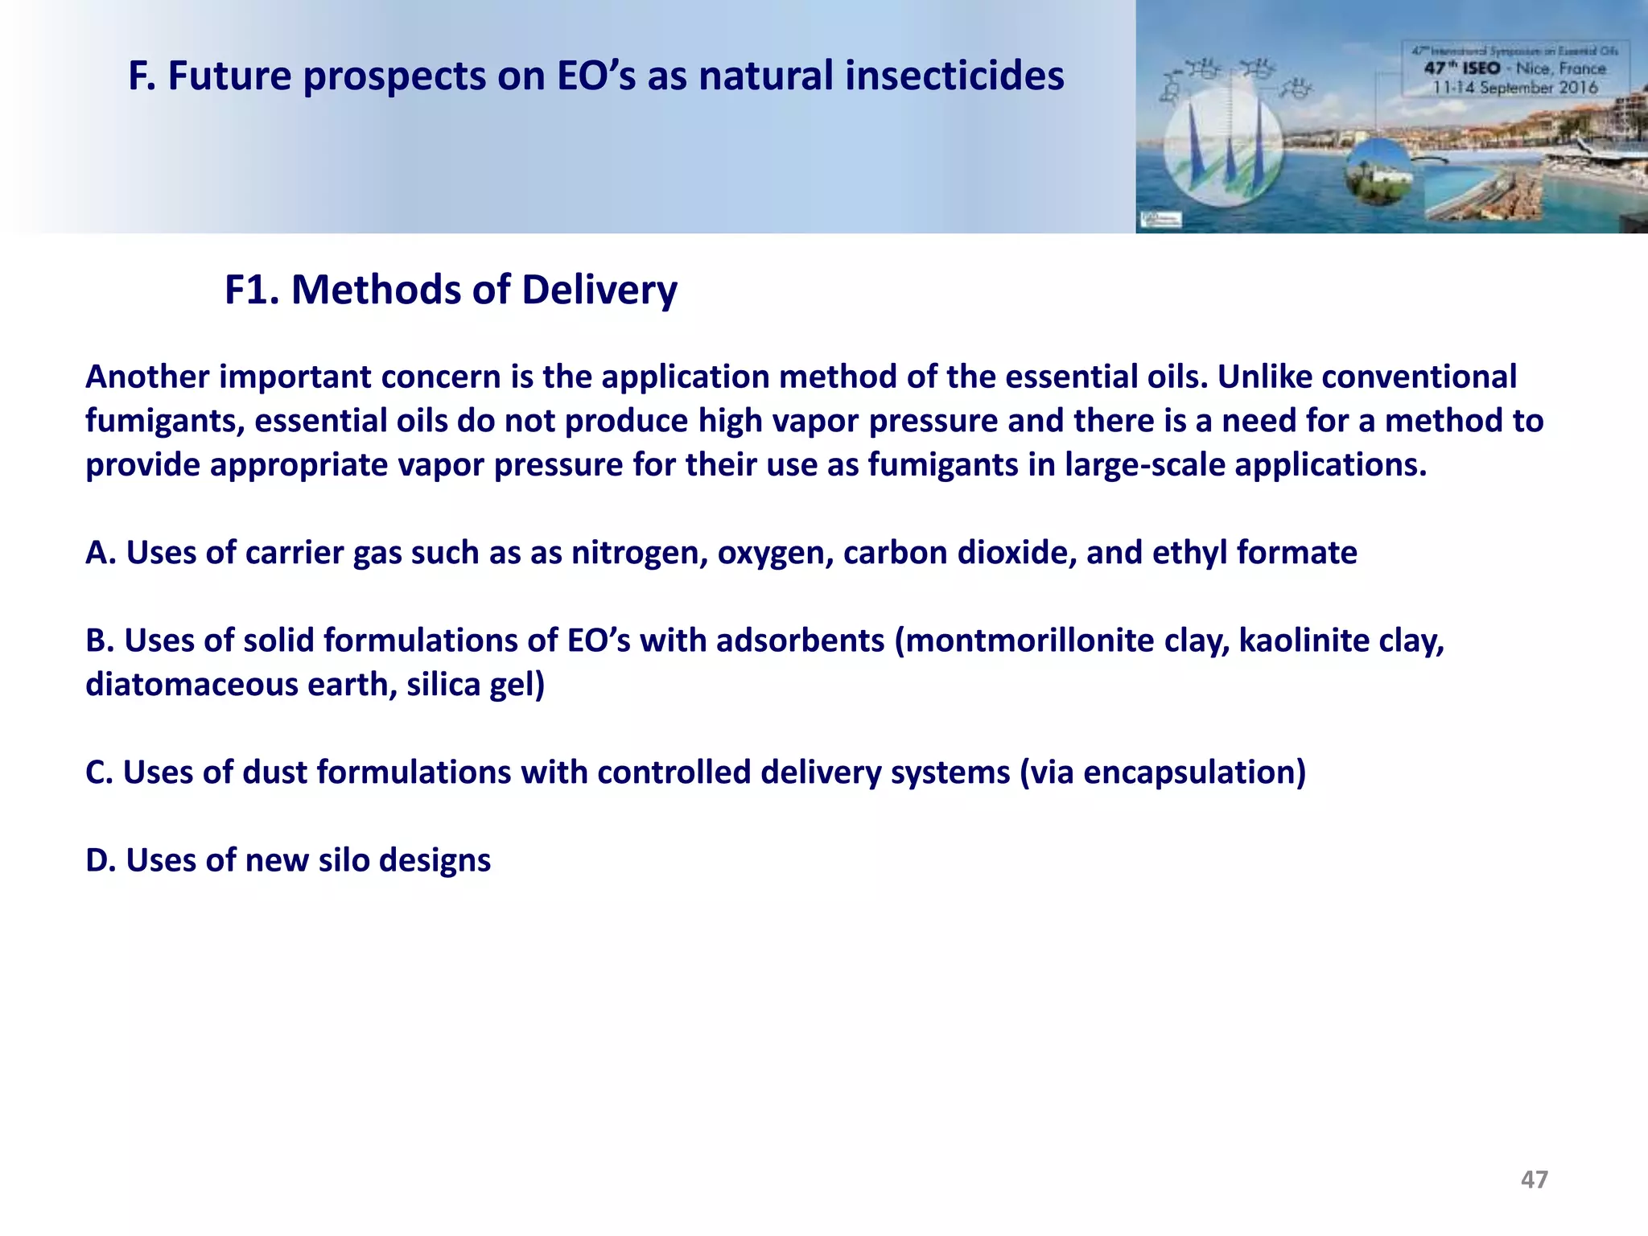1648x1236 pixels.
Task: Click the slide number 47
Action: pyautogui.click(x=1534, y=1179)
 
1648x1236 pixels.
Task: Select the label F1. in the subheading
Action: pyautogui.click(x=252, y=290)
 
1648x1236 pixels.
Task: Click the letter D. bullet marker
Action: pyautogui.click(x=101, y=860)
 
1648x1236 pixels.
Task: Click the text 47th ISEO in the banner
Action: pyautogui.click(x=1462, y=68)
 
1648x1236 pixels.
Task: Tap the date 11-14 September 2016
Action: pyautogui.click(x=1514, y=87)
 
